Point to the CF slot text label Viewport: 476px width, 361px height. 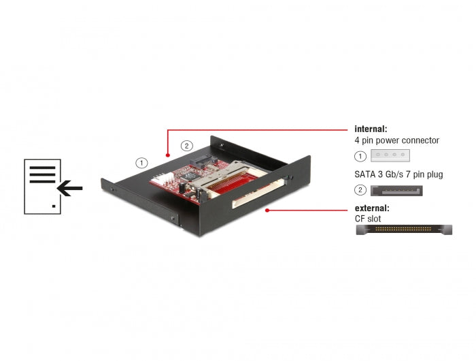click(368, 219)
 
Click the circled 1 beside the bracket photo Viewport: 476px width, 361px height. click(141, 163)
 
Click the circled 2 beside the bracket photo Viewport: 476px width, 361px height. click(186, 145)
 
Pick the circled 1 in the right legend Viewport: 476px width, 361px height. click(360, 155)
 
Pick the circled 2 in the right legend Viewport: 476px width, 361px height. click(360, 190)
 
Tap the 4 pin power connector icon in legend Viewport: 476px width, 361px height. click(390, 155)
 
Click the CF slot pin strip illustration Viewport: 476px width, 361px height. click(404, 230)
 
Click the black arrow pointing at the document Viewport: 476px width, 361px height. click(69, 187)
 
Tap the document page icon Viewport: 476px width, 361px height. click(42, 186)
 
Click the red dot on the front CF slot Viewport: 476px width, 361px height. click(266, 210)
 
